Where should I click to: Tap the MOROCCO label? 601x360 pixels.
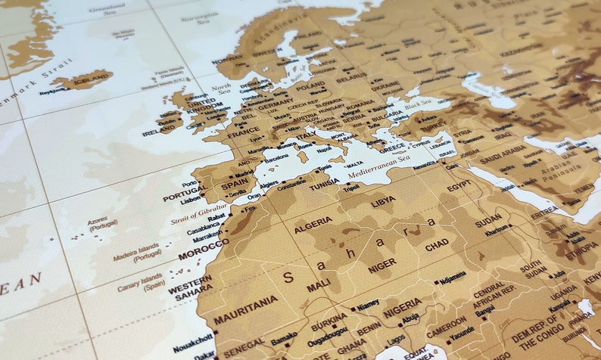(x=203, y=249)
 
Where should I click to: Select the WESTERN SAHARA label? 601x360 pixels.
(x=190, y=292)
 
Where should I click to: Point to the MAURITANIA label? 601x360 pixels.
(x=245, y=306)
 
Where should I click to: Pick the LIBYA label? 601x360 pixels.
(x=382, y=203)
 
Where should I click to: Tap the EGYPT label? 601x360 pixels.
(x=459, y=186)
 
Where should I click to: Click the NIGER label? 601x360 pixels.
(x=382, y=265)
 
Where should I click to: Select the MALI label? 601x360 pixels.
(x=319, y=286)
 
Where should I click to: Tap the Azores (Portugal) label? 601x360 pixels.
(x=103, y=224)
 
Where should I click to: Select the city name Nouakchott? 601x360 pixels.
(x=192, y=338)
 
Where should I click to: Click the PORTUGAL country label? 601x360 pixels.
(x=185, y=194)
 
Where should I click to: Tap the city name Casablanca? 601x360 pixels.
(x=204, y=226)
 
